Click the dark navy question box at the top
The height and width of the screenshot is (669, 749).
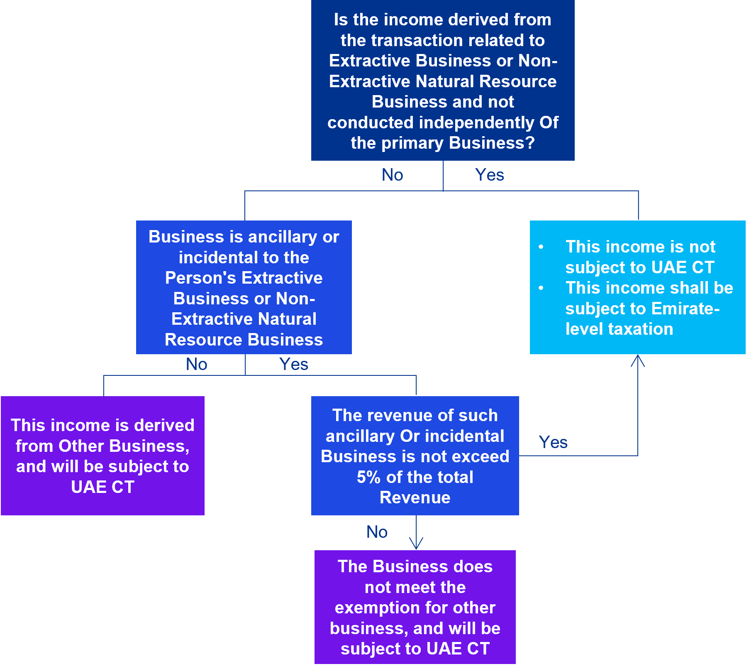pos(443,80)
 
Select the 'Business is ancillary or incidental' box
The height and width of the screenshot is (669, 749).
pos(244,287)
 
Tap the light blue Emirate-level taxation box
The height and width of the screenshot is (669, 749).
pos(637,287)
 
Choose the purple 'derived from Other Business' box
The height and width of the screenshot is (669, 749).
pos(102,456)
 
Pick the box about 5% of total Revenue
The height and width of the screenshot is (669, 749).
pos(415,456)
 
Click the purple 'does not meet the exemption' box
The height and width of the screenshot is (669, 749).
pos(415,607)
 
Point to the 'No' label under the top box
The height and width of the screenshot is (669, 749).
pos(392,175)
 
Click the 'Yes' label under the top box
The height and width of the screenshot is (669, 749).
pos(490,175)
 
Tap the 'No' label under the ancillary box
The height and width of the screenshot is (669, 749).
pos(196,364)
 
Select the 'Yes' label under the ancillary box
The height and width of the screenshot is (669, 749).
pos(294,364)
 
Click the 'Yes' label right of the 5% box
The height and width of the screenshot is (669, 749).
pos(553,442)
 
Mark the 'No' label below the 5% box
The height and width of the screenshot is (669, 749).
pos(377,532)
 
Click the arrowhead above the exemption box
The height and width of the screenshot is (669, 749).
pos(416,544)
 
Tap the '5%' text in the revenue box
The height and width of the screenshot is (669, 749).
pos(368,477)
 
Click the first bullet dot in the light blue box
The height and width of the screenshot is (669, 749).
pos(541,247)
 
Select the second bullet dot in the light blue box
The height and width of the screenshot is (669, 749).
pos(541,288)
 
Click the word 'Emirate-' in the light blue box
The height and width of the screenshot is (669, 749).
pos(686,309)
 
